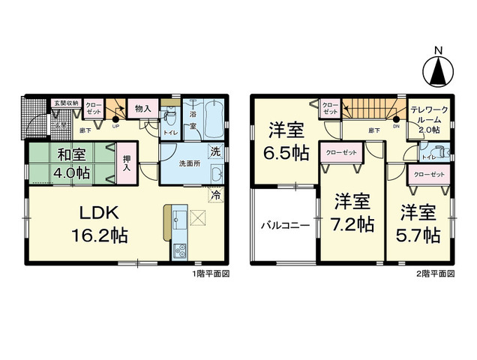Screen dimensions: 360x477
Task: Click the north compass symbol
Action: point(437,70)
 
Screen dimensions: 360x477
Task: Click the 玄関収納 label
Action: point(65,103)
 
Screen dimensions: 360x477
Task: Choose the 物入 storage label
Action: point(142,108)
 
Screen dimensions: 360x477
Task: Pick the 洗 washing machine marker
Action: point(215,151)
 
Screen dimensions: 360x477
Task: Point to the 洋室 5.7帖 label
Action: point(418,223)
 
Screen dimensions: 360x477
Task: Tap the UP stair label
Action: point(115,125)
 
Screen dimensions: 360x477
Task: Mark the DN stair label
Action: point(396,126)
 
